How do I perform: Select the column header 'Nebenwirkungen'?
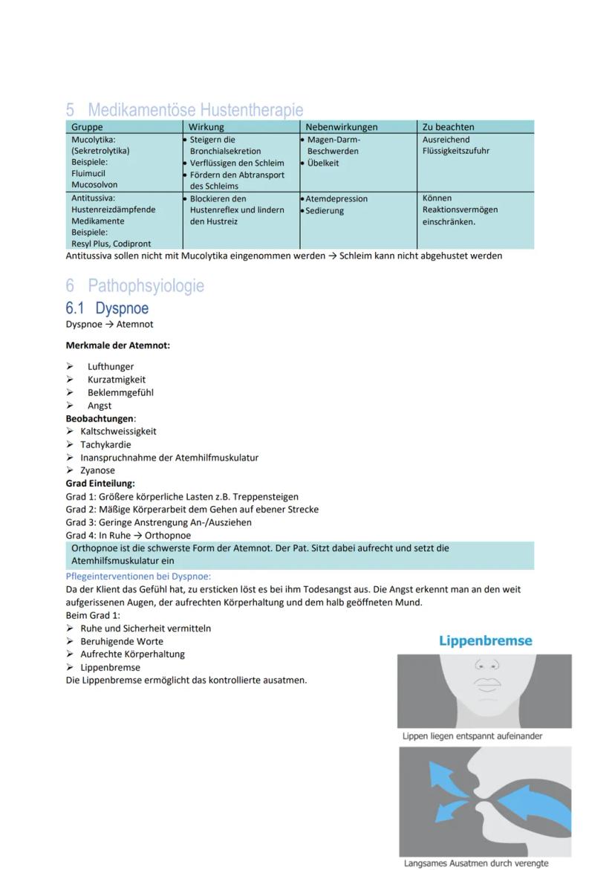click(x=342, y=127)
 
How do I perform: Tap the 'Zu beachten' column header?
click(x=448, y=127)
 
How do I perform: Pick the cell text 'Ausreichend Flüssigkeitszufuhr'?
click(x=455, y=145)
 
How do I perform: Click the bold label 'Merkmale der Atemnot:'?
click(x=117, y=345)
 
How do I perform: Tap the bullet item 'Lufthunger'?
click(x=111, y=366)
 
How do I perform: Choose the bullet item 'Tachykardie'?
click(x=105, y=444)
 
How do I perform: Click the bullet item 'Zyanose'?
click(x=97, y=470)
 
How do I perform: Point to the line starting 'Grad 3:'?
click(x=158, y=522)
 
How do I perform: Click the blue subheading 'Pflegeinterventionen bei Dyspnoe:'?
click(x=138, y=576)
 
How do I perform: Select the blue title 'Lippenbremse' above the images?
click(x=485, y=640)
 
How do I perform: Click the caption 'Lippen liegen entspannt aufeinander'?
click(x=472, y=736)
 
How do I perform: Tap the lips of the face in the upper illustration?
click(x=487, y=683)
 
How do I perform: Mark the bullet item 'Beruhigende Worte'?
click(x=122, y=641)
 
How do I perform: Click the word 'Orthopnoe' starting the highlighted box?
click(x=94, y=548)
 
